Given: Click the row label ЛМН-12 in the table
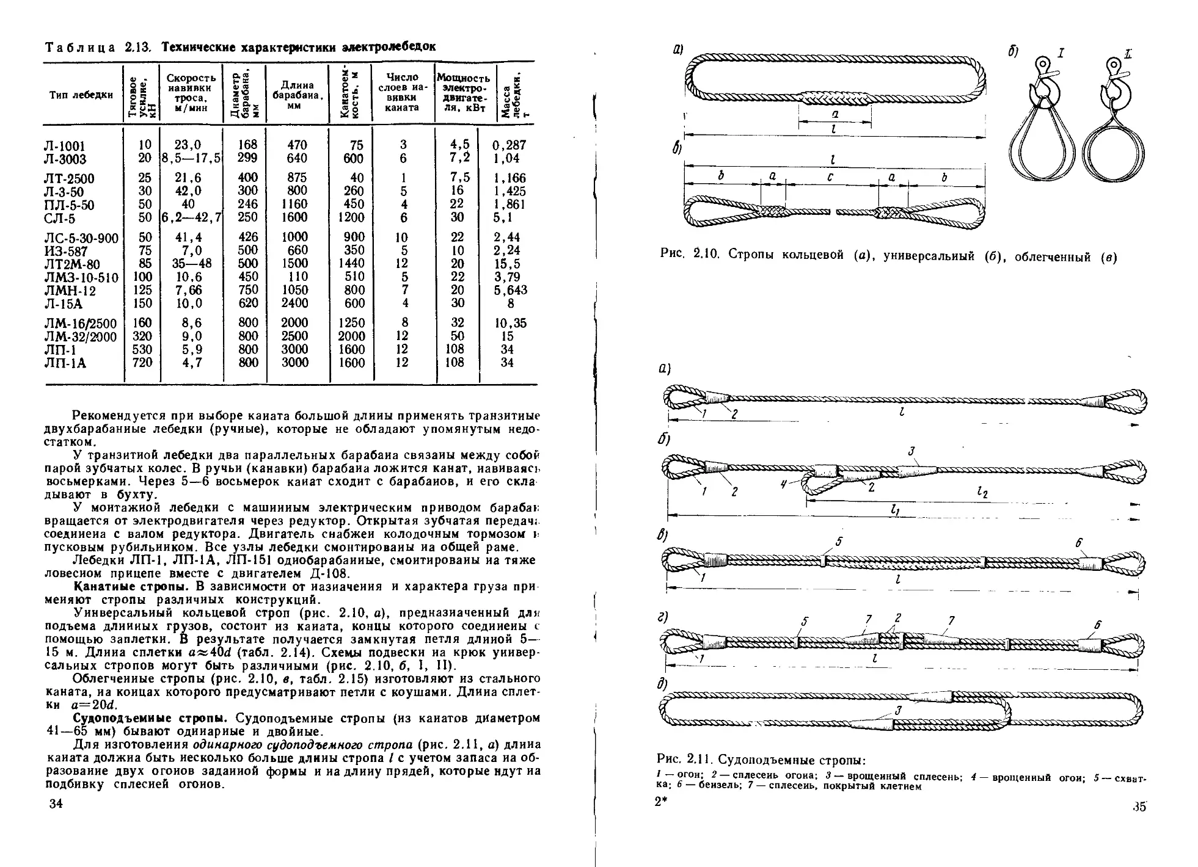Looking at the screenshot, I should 70,291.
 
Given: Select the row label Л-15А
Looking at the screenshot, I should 64,304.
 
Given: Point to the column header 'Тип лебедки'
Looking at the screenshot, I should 81,95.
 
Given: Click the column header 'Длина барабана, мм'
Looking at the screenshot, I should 297,95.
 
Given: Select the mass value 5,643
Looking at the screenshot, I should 511,291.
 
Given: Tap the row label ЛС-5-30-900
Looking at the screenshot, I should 81,238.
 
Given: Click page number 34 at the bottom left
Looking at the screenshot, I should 56,804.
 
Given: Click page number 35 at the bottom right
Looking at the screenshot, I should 1139,807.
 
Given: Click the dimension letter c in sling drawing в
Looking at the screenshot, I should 829,176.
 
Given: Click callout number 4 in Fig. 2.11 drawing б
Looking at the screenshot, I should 784,484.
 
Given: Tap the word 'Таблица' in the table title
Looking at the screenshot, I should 79,48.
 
